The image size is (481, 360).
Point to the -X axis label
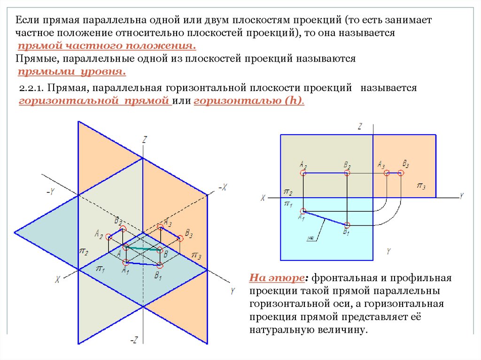coord(222,187)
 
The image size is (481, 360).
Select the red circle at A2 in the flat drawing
coord(303,173)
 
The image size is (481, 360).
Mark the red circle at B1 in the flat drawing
coord(347,225)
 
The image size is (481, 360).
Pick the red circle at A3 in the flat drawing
coord(387,173)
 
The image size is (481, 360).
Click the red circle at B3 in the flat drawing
coord(401,173)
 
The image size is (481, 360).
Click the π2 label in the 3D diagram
coord(84,252)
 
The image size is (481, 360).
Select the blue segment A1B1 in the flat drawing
coord(325,218)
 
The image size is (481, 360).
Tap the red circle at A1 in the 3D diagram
coord(125,262)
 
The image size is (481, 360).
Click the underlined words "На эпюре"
coord(278,277)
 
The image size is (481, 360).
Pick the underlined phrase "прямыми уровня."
coord(71,72)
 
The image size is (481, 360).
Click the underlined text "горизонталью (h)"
coord(248,101)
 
